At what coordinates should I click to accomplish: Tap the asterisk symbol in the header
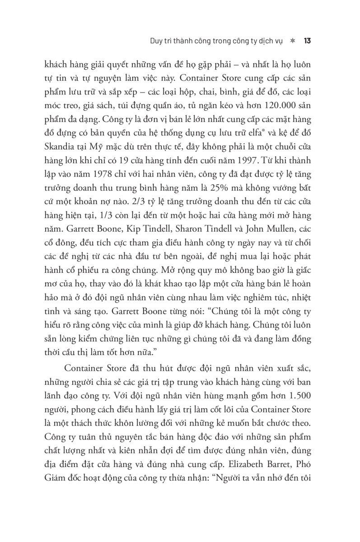(x=292, y=40)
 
